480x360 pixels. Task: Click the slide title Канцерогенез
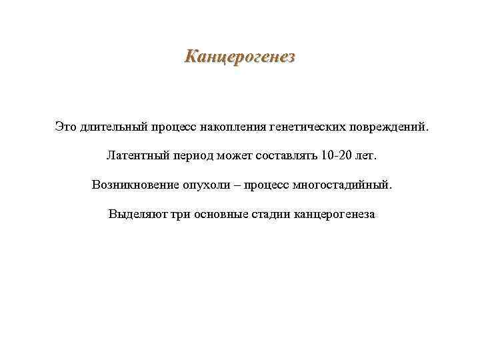pos(239,56)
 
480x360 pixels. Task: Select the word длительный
pos(111,126)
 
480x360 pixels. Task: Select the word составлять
pos(283,155)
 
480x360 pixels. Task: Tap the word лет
pos(366,155)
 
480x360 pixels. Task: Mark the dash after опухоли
pos(233,185)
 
